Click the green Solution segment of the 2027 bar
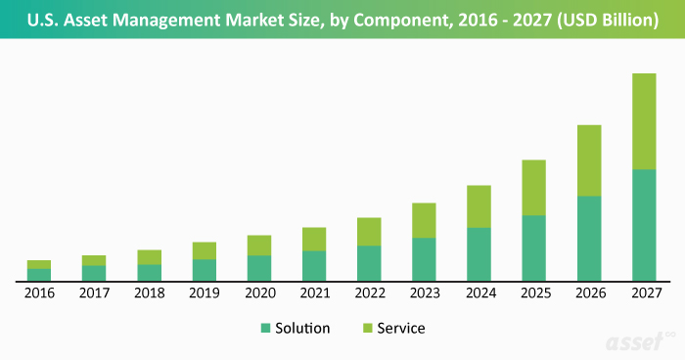[x=643, y=225]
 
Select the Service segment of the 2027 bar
[x=643, y=121]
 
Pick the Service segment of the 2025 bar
[x=533, y=187]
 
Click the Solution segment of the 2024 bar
[x=479, y=254]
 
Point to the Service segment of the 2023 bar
[x=424, y=220]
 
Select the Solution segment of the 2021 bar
[x=313, y=265]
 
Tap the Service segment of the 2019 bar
[x=204, y=250]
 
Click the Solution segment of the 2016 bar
[x=39, y=274]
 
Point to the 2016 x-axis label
[x=39, y=292]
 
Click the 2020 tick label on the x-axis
[x=258, y=292]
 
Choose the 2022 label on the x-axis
[x=368, y=292]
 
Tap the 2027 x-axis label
[x=643, y=292]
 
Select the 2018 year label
[x=149, y=292]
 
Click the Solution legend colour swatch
[x=266, y=329]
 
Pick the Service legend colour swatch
[x=368, y=329]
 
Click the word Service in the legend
[x=401, y=329]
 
